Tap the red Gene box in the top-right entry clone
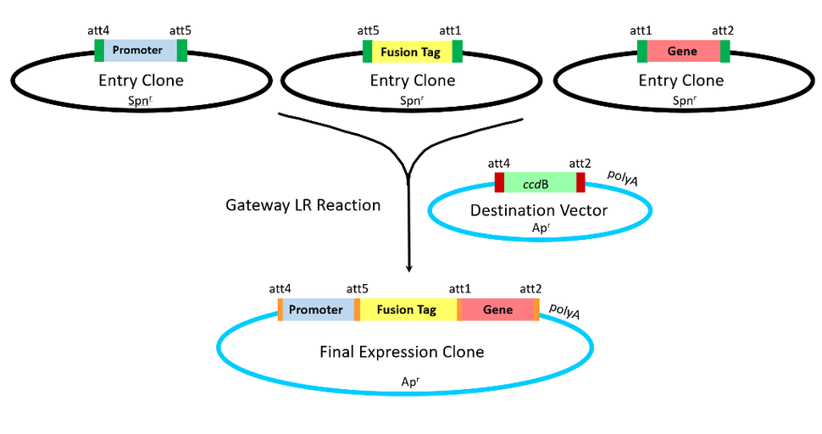pos(682,51)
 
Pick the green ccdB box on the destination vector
pos(540,182)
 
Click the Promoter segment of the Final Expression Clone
pos(315,309)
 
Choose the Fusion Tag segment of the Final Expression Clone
pos(408,309)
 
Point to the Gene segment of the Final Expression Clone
pos(497,309)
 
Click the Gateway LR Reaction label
pos(303,205)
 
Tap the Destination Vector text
pos(539,210)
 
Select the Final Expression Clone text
pos(402,351)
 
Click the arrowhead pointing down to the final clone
pos(409,268)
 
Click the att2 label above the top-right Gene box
pos(723,31)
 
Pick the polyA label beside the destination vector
pos(624,175)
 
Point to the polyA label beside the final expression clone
pos(564,312)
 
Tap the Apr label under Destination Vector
pos(539,229)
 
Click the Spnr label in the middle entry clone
pos(410,100)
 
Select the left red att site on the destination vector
pos(499,182)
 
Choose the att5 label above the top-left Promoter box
pos(181,31)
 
